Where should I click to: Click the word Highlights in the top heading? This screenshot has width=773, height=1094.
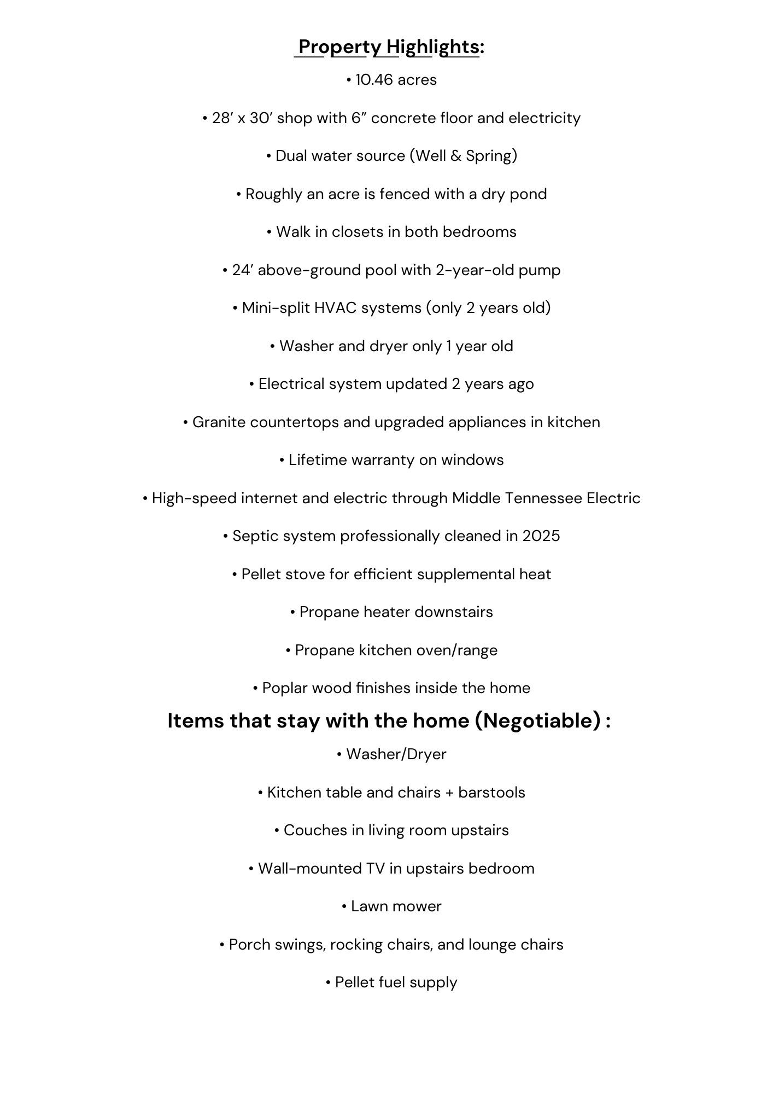pyautogui.click(x=433, y=47)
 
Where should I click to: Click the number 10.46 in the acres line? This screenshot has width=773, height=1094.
pyautogui.click(x=374, y=80)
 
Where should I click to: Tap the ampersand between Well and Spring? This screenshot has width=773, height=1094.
pyautogui.click(x=456, y=156)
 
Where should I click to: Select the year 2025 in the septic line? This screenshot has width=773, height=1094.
pyautogui.click(x=541, y=536)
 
